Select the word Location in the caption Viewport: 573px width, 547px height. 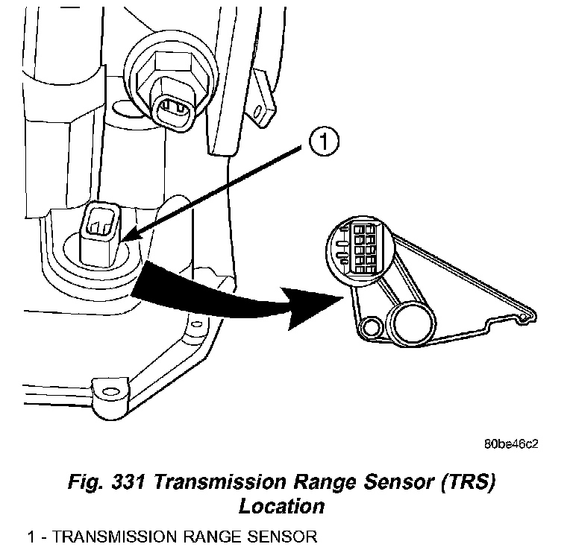pos(281,506)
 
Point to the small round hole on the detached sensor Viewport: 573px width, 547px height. pos(369,327)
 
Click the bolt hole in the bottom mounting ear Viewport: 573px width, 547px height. pos(105,389)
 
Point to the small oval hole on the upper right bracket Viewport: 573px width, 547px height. pos(258,113)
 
